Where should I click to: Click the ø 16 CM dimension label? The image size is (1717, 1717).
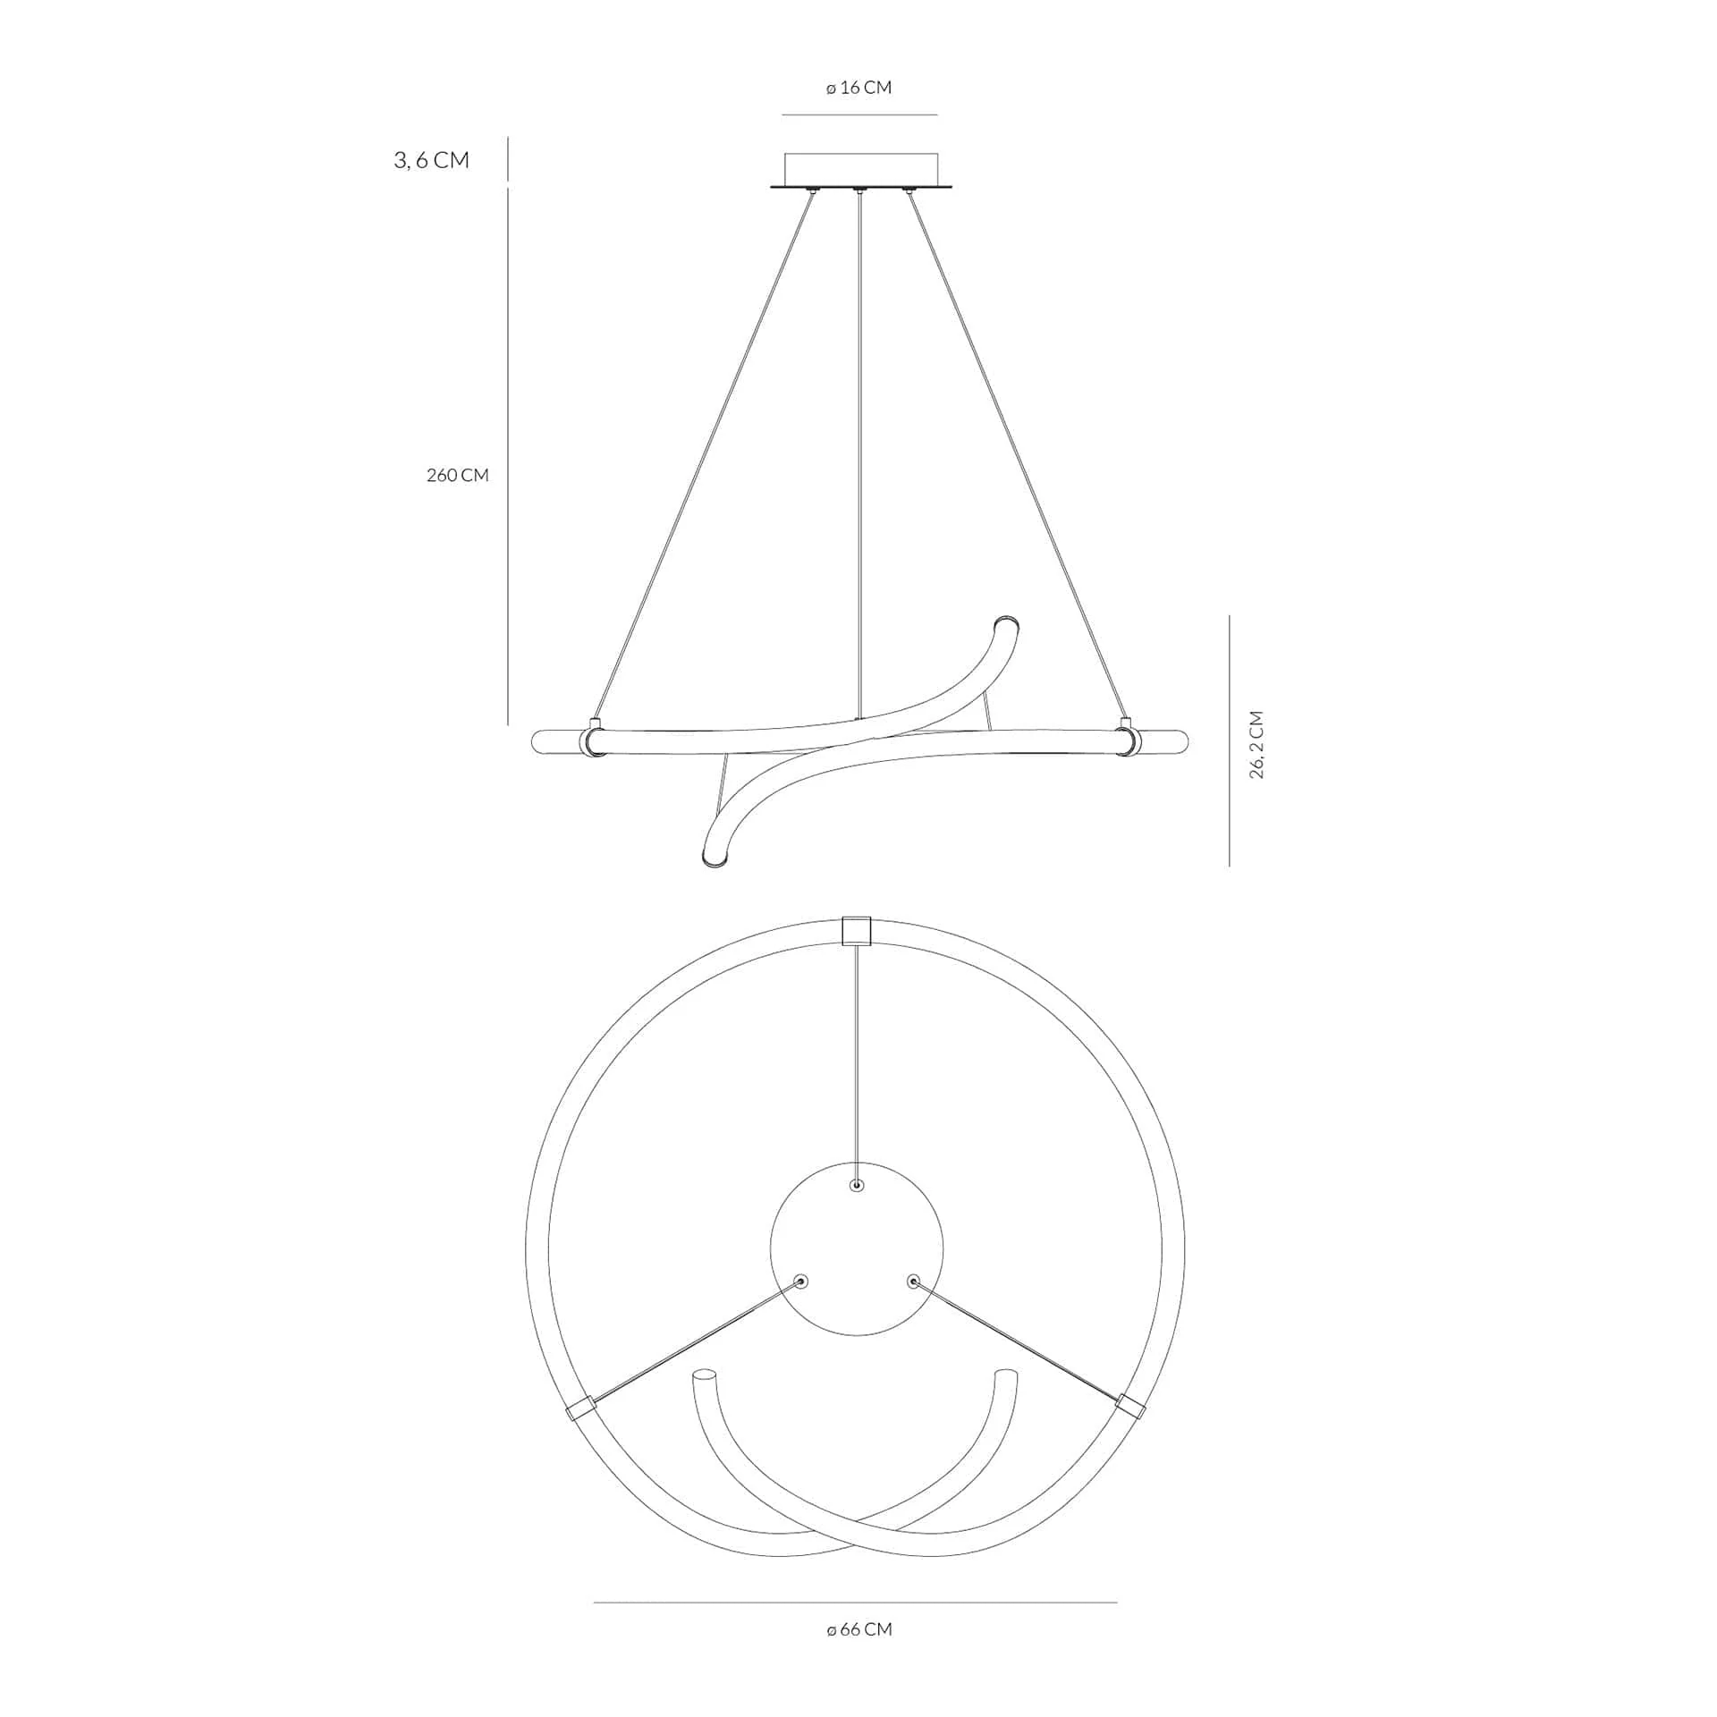[x=858, y=88]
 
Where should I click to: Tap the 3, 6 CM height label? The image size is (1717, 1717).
[x=432, y=160]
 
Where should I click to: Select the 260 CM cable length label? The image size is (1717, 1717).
[x=458, y=475]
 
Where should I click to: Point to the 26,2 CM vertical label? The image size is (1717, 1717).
[x=1256, y=745]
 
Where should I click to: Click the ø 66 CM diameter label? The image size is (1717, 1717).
[x=859, y=1629]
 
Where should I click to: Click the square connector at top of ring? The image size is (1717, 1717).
[x=857, y=931]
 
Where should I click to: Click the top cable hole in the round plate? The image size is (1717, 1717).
[x=857, y=1186]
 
